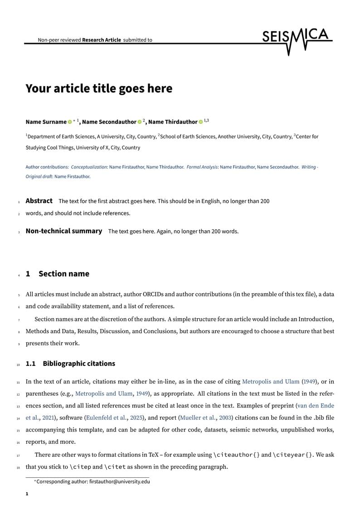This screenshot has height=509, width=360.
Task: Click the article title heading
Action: coord(99,88)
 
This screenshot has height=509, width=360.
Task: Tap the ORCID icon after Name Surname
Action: coord(70,122)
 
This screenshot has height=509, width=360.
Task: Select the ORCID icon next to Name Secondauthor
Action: coord(140,122)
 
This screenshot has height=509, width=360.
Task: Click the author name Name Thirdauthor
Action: coord(173,122)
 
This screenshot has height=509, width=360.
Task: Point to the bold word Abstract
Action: coord(39,200)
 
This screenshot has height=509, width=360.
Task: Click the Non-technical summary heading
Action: coord(64,231)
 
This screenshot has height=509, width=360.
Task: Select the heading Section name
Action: coord(64,274)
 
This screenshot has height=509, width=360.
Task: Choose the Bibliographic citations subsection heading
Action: coord(79,364)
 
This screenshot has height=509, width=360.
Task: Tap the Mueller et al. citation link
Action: coord(198,417)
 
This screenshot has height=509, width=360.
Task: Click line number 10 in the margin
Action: coord(18,364)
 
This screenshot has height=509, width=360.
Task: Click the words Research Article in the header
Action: coord(102,40)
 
